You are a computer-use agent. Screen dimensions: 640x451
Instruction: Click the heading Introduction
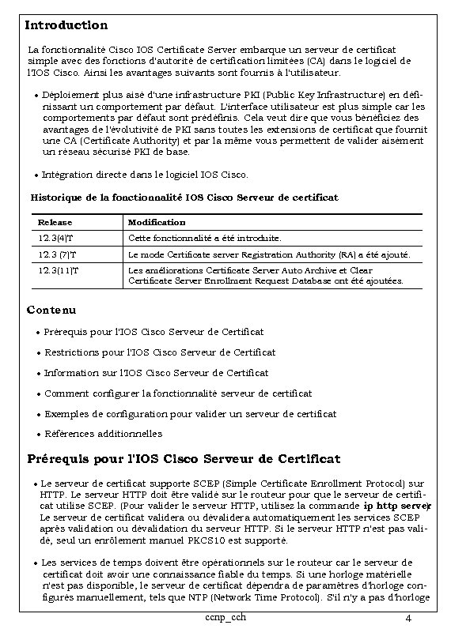click(x=66, y=26)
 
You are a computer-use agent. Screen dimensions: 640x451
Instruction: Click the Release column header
click(x=55, y=223)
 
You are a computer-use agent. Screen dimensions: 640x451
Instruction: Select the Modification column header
click(x=157, y=223)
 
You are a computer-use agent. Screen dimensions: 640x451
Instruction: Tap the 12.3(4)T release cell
click(x=55, y=238)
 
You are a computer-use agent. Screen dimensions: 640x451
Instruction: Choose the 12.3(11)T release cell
click(x=59, y=270)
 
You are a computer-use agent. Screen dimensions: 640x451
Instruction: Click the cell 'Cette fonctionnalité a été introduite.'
click(x=204, y=238)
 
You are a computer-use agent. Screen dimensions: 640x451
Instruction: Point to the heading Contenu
click(x=52, y=309)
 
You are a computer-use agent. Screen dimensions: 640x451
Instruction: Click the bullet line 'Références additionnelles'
click(x=103, y=434)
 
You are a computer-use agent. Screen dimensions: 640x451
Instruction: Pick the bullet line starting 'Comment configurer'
click(x=178, y=393)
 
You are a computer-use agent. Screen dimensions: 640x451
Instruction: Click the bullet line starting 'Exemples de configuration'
click(x=190, y=413)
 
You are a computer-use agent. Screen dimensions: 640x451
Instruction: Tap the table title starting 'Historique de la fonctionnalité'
click(x=184, y=197)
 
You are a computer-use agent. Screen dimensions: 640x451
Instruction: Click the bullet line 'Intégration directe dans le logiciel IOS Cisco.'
click(x=146, y=174)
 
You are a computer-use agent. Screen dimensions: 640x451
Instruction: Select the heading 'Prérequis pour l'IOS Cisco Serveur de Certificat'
click(x=184, y=459)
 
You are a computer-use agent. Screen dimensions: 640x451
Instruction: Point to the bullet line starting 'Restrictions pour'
click(x=160, y=352)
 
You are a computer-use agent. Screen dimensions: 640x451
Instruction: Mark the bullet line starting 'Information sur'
click(x=156, y=372)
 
